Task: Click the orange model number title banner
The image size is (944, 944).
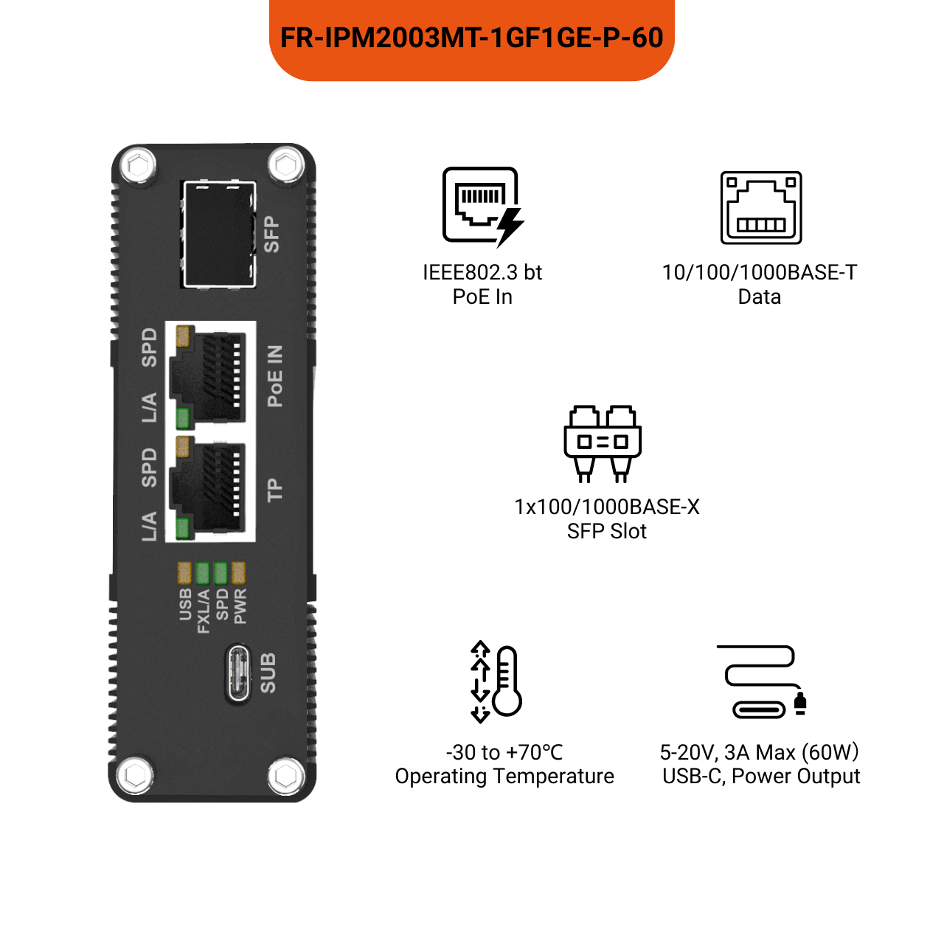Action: [x=472, y=38]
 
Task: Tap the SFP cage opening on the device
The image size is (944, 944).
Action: [x=218, y=234]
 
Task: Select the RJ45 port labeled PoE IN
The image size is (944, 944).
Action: [x=211, y=375]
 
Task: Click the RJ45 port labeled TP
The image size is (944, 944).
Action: [x=211, y=487]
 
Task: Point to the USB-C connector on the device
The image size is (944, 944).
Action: [x=239, y=673]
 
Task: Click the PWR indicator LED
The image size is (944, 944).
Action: [x=238, y=572]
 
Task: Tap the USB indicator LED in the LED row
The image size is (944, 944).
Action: [x=184, y=572]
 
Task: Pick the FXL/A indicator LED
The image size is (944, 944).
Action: [x=202, y=572]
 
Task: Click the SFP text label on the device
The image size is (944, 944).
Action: [x=271, y=235]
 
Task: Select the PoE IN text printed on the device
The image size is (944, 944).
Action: [x=274, y=376]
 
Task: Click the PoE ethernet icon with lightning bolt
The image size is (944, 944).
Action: [x=482, y=206]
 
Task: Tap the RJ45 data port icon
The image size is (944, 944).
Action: [x=761, y=208]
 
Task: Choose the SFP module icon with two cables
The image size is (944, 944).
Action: [x=603, y=442]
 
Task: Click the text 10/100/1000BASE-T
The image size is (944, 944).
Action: [x=760, y=273]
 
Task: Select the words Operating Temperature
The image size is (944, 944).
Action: [x=504, y=777]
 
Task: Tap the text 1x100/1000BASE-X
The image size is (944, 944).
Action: [x=606, y=507]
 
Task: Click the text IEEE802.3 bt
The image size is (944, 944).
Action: [x=482, y=273]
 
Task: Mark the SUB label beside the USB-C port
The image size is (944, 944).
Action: [x=268, y=673]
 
